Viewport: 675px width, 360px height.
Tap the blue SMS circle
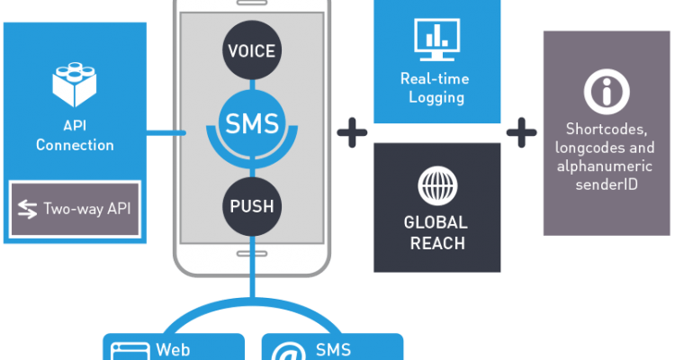pos(251,121)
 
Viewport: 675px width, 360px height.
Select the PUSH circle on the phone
pos(251,207)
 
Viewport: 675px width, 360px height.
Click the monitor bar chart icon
pos(436,37)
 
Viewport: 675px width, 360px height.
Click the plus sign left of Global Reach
pos(352,132)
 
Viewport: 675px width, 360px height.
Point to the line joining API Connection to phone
pos(167,135)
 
